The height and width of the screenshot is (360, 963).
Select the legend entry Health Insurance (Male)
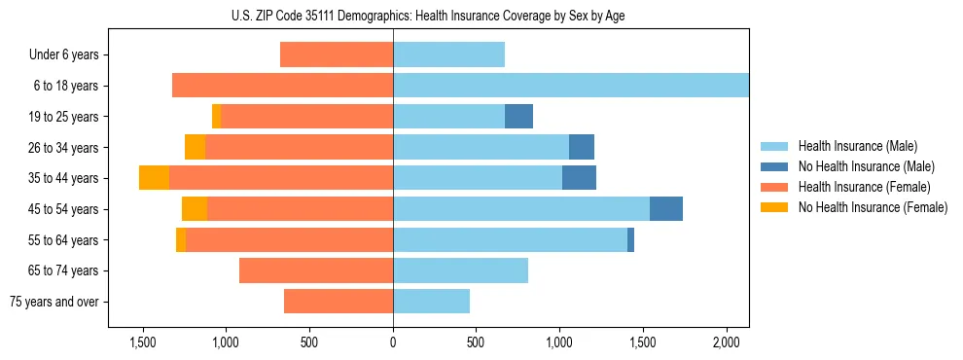coord(857,146)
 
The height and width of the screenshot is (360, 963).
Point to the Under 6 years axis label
coord(64,55)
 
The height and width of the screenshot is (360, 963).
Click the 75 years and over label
coord(54,302)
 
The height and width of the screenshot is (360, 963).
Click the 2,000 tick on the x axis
coord(727,343)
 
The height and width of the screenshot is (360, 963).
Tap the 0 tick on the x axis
coord(393,343)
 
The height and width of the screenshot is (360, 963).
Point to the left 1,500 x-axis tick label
coord(143,343)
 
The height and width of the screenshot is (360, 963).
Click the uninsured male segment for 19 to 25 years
coord(518,117)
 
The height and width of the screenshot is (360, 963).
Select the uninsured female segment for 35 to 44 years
coord(154,178)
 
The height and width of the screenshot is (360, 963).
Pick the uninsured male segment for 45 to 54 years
coord(666,209)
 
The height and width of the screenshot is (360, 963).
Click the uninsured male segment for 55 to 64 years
coord(630,240)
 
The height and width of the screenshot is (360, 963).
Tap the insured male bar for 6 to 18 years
coord(571,86)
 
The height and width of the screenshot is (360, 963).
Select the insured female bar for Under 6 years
coord(337,55)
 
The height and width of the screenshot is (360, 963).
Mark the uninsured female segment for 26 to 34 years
coord(195,148)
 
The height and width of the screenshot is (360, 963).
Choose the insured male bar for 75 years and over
coord(431,302)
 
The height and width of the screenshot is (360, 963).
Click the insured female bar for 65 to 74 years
coord(316,270)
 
